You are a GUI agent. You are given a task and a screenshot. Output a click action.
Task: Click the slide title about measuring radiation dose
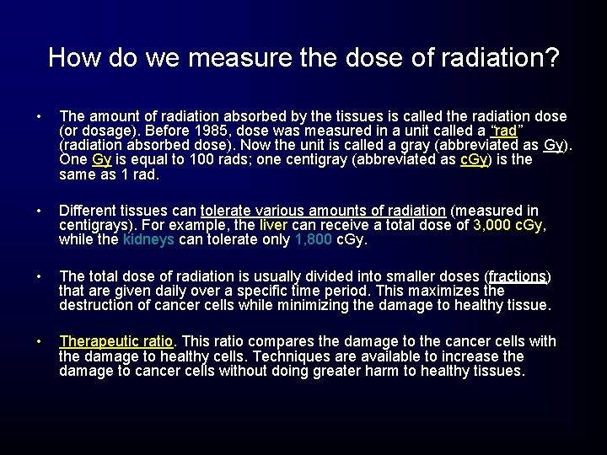[x=303, y=57]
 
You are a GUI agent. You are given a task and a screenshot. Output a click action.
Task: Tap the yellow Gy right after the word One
[x=101, y=160]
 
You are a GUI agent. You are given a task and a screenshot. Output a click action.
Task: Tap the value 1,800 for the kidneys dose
[x=314, y=240]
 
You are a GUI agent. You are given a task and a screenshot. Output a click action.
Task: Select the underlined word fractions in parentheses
[x=518, y=276]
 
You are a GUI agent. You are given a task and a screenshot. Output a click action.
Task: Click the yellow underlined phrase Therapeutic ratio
[x=115, y=341]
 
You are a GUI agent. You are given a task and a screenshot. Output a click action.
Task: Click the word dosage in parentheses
[x=103, y=131]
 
